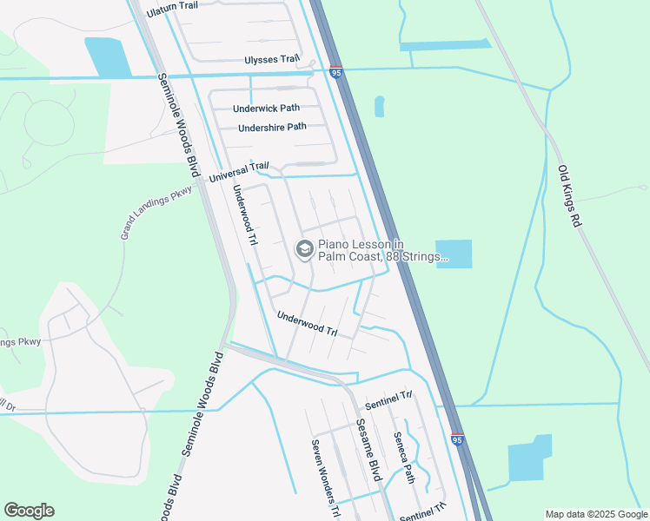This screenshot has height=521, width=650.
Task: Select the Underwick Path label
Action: click(266, 109)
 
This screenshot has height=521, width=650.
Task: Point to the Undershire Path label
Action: click(273, 127)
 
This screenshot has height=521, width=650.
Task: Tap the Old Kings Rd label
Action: click(567, 197)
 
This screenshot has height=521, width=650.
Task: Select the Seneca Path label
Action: click(404, 458)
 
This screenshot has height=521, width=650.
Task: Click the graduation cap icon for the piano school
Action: click(304, 249)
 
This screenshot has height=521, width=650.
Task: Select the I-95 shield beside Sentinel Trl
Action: click(457, 440)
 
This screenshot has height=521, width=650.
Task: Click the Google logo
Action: click(29, 511)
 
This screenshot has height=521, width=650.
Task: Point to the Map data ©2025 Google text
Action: click(594, 514)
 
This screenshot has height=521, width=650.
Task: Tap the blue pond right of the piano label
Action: click(454, 254)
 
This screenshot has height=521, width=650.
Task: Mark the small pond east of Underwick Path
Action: click(379, 106)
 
